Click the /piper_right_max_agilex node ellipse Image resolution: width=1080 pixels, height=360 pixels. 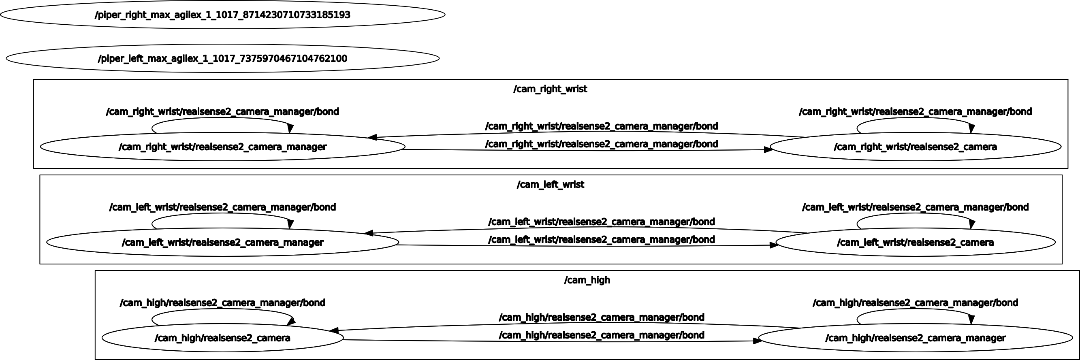tap(222, 15)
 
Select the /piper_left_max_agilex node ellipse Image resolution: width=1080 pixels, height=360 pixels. tap(222, 58)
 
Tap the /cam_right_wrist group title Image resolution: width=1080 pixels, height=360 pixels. tap(550, 89)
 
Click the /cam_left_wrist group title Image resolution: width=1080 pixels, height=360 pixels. tap(550, 184)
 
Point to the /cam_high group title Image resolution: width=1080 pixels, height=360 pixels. tap(587, 280)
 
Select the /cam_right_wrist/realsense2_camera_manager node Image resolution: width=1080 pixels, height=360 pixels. tap(222, 147)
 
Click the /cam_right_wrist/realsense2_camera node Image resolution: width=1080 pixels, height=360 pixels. tap(915, 147)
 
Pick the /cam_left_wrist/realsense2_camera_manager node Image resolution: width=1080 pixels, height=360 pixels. tap(222, 242)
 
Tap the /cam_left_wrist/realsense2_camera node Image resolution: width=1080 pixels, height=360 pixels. tap(915, 242)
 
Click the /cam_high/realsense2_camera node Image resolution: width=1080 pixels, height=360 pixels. tap(222, 338)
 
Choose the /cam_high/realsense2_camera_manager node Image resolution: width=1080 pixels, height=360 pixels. tap(915, 338)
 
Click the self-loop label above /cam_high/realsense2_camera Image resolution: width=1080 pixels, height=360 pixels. tap(222, 302)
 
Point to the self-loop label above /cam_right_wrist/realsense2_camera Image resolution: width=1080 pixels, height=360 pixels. tap(915, 111)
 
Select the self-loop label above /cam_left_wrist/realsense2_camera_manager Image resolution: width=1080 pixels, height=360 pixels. tap(222, 207)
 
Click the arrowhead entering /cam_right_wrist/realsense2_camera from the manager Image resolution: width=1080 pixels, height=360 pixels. tap(768, 149)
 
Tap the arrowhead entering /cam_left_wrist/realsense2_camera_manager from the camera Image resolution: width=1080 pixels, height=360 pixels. tap(369, 233)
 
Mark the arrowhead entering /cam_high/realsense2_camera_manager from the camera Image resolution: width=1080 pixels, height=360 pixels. tap(758, 341)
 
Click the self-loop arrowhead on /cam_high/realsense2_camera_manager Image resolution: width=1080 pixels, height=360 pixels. tap(971, 320)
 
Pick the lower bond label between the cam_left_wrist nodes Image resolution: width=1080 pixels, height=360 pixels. tap(601, 240)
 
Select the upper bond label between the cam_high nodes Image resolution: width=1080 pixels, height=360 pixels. tap(601, 317)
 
